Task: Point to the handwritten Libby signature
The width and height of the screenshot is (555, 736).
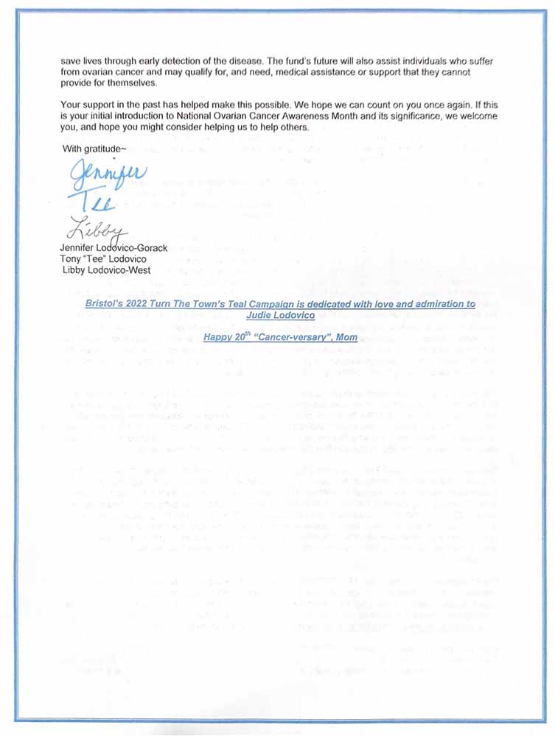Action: pos(96,229)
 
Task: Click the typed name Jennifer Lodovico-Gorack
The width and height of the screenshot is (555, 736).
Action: pos(114,248)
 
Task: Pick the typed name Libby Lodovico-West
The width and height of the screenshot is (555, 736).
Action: pos(108,271)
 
